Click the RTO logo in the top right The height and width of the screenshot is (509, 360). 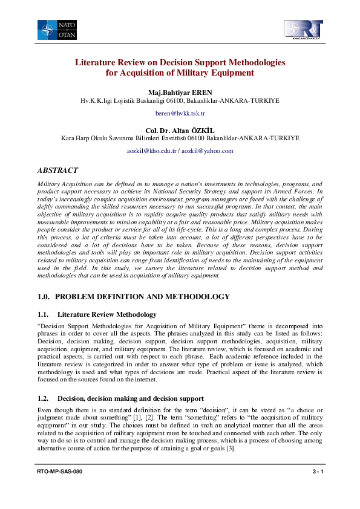(303, 30)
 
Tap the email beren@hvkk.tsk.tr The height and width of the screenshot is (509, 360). (180, 113)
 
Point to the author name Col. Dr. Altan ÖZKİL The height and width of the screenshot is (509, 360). (180, 130)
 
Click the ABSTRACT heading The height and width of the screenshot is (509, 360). (57, 170)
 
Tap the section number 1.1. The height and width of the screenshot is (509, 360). (42, 314)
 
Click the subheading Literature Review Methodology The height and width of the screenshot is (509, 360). (107, 314)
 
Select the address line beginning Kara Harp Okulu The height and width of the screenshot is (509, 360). (180, 138)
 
